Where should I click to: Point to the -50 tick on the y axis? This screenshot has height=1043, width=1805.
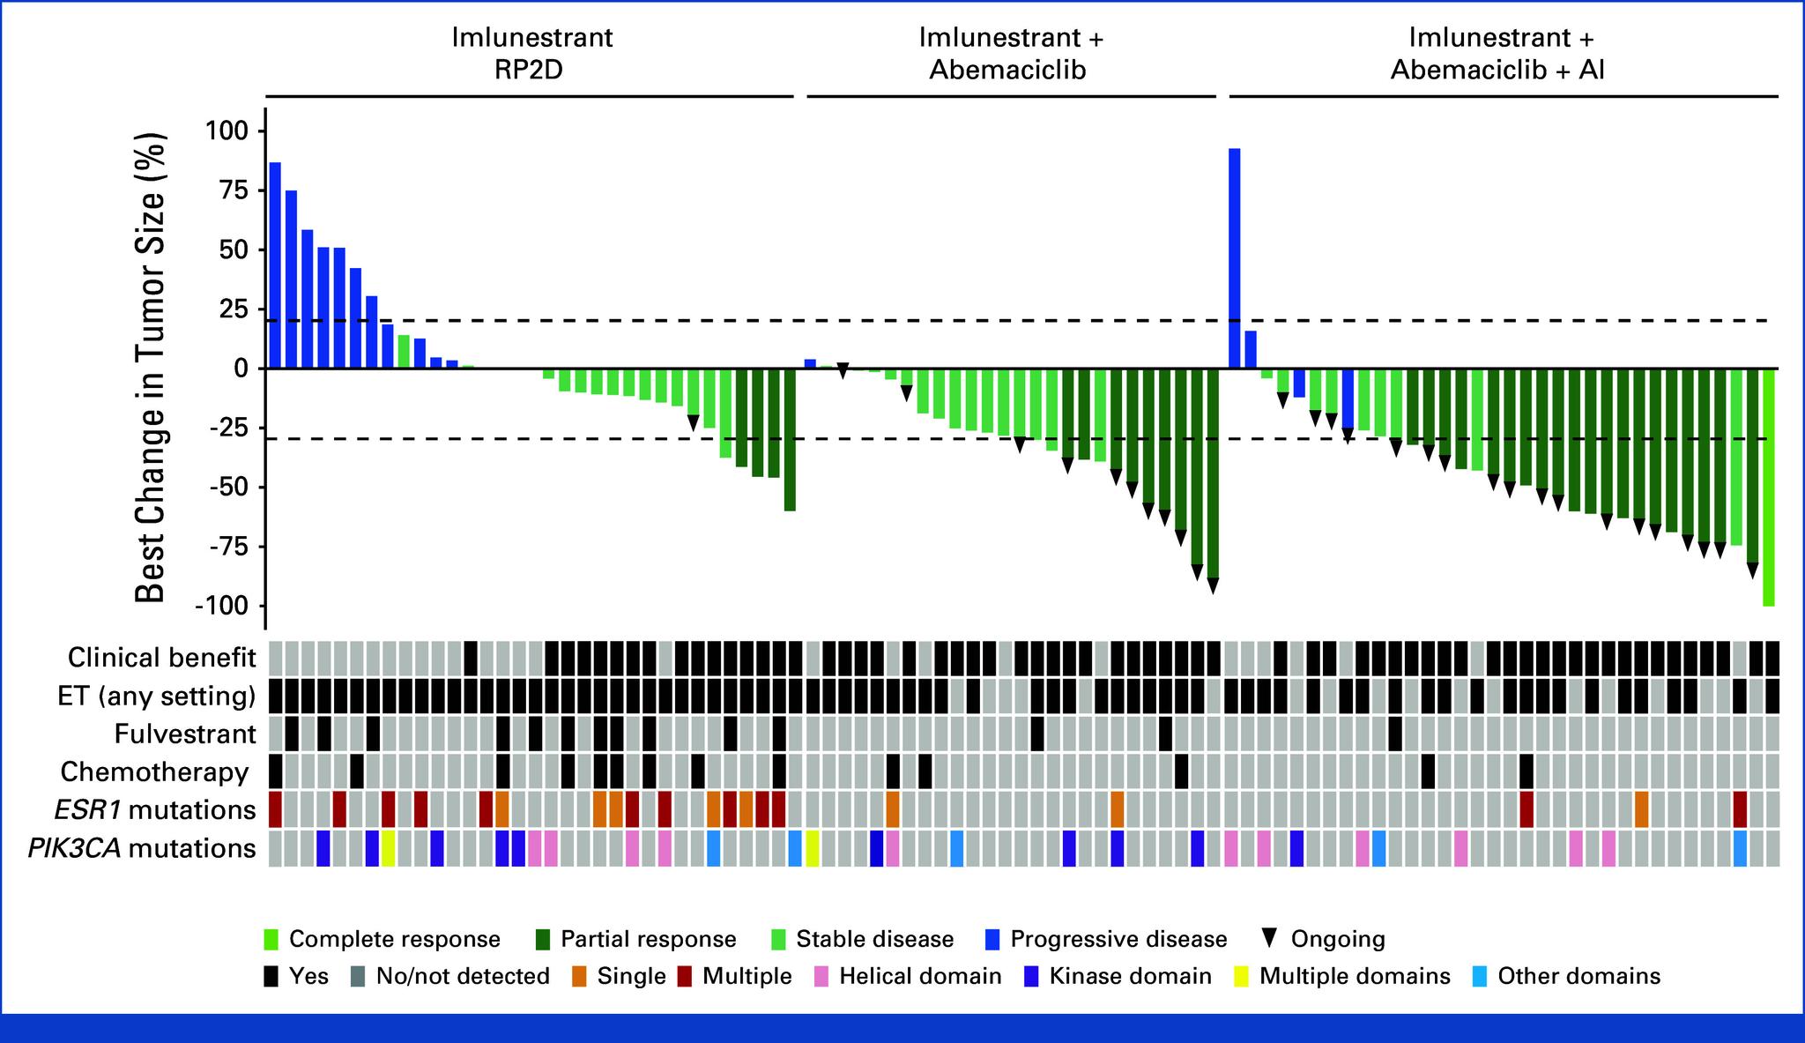click(x=227, y=488)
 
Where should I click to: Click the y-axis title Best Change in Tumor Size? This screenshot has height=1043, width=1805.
click(x=152, y=368)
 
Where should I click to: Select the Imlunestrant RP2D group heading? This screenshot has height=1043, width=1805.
click(x=532, y=53)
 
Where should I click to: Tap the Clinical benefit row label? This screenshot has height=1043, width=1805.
click(x=162, y=658)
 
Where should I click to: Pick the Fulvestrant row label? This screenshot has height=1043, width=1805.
click(x=185, y=734)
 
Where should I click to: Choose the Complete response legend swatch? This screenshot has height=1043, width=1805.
click(x=271, y=940)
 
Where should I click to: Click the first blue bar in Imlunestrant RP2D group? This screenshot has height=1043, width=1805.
click(x=275, y=264)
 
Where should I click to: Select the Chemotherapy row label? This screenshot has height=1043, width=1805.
click(x=154, y=772)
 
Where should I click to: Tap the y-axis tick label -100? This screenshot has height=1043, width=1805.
click(x=224, y=607)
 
